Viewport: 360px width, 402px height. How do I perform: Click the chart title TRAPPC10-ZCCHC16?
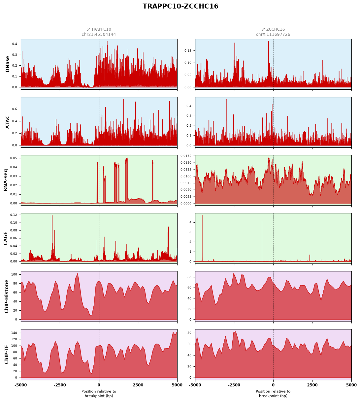click(180, 6)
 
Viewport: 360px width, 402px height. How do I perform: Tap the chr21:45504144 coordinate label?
click(99, 34)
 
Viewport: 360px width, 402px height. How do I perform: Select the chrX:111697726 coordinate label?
click(273, 34)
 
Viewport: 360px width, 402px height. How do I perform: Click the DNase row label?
click(7, 64)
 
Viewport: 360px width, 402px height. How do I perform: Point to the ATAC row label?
click(7, 122)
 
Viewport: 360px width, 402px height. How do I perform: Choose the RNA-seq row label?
click(6, 180)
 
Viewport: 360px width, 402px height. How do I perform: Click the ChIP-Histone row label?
click(6, 296)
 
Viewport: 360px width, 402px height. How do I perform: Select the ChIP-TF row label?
click(6, 354)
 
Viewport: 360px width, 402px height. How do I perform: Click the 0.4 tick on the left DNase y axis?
click(15, 44)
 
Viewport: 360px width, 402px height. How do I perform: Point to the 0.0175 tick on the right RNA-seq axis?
click(186, 156)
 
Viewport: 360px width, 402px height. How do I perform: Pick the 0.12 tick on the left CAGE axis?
click(14, 215)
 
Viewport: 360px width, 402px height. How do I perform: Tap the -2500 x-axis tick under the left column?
click(60, 385)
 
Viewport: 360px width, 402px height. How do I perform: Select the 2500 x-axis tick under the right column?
click(312, 385)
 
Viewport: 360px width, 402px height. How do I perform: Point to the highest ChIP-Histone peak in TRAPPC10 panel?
click(78, 274)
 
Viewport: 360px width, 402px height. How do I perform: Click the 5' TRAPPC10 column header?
click(99, 29)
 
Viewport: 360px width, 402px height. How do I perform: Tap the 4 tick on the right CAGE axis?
click(190, 222)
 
